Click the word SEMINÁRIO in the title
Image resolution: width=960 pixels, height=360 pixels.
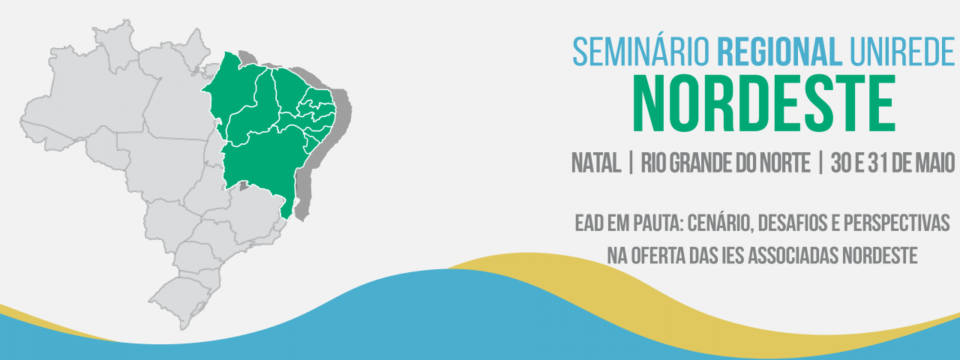pyautogui.click(x=641, y=52)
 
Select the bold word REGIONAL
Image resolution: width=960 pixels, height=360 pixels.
pyautogui.click(x=780, y=52)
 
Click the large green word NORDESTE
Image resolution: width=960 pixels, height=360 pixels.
pyautogui.click(x=764, y=103)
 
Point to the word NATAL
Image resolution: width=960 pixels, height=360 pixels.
pyautogui.click(x=596, y=163)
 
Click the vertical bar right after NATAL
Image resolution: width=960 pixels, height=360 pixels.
pyautogui.click(x=631, y=163)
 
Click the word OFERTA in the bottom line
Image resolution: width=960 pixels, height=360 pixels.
pyautogui.click(x=658, y=256)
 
